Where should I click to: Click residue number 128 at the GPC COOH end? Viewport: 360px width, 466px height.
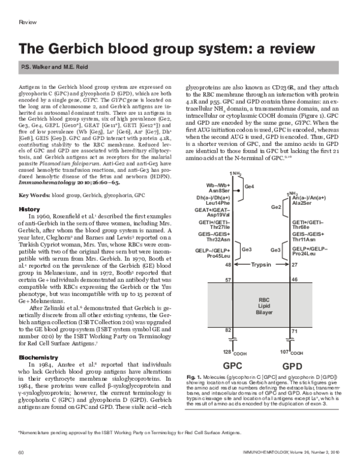(x=227, y=351)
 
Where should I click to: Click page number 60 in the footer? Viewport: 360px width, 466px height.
(x=20, y=450)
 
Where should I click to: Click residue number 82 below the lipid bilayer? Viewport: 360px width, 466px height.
(x=228, y=330)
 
